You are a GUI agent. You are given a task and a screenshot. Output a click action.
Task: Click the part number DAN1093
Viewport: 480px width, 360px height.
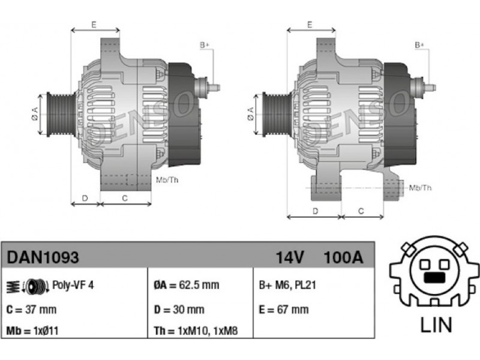pos(43,257)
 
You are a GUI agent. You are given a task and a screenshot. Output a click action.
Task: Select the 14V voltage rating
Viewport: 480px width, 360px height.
pos(290,257)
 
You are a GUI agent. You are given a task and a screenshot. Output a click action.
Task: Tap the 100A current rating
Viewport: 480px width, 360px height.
pos(343,257)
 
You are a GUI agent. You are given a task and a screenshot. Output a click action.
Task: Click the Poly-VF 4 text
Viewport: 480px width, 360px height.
pos(73,285)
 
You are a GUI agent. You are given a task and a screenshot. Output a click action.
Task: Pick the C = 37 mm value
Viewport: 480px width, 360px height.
pos(31,310)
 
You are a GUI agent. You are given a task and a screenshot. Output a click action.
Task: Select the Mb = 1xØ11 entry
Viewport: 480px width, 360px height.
pos(32,331)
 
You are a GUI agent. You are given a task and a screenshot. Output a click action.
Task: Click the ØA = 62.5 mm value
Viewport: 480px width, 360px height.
pos(187,285)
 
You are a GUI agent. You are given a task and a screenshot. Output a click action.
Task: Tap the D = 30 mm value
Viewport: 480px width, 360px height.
pos(179,310)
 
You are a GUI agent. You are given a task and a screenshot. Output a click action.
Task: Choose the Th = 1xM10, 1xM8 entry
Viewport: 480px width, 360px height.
pos(196,331)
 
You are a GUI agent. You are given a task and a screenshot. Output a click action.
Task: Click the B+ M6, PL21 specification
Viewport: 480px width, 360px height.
pos(287,285)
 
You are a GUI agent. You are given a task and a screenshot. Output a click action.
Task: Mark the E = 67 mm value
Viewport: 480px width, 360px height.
pos(284,310)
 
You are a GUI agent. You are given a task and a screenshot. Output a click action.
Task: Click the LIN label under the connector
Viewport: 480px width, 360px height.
pos(436,325)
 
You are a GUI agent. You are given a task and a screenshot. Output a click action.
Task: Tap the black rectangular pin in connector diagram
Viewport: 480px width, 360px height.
pos(434,277)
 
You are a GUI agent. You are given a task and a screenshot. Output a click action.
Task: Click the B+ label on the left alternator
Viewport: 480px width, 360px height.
pos(205,46)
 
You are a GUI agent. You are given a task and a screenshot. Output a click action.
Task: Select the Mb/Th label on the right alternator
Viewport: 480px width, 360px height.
pos(421,187)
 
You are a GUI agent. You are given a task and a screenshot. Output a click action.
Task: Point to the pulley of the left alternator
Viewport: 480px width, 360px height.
pos(60,114)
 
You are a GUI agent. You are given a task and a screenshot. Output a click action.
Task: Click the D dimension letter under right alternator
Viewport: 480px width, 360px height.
pos(316,211)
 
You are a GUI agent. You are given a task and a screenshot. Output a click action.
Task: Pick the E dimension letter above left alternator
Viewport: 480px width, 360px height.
pos(94,25)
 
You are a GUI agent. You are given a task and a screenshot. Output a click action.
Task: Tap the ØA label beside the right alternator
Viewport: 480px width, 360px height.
pos(250,113)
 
